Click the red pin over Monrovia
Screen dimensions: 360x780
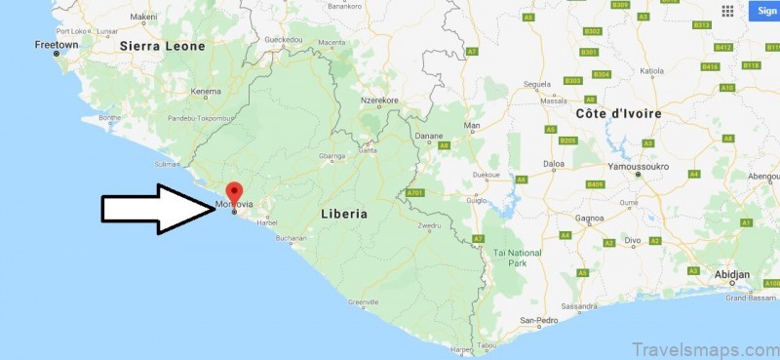233,192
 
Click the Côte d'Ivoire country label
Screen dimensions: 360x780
618,114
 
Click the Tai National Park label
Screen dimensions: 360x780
517,258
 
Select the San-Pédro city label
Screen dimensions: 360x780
538,320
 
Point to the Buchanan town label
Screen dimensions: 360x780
291,238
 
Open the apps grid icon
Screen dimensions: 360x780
727,11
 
